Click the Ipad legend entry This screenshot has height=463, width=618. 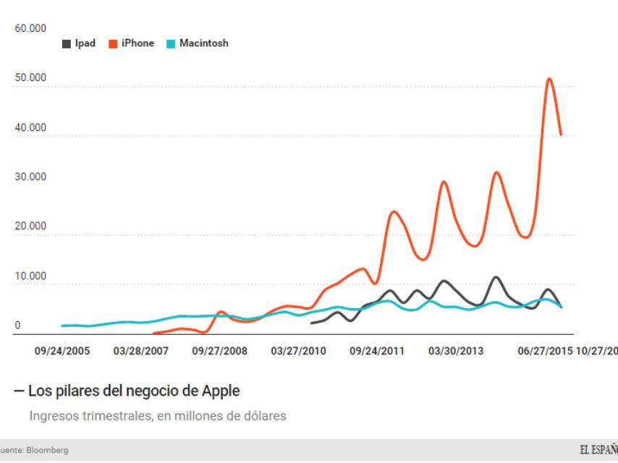tap(80, 43)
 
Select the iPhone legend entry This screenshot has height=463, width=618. tap(132, 43)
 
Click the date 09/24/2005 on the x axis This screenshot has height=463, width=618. tap(63, 351)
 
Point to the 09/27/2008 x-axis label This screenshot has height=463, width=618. tap(219, 351)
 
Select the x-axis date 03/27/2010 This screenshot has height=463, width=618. tap(297, 351)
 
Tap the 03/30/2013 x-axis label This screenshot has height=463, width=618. tap(455, 351)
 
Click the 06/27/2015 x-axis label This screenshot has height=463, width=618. tap(543, 351)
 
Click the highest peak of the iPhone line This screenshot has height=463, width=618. tap(550, 78)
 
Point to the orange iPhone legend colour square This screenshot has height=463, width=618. tap(114, 43)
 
